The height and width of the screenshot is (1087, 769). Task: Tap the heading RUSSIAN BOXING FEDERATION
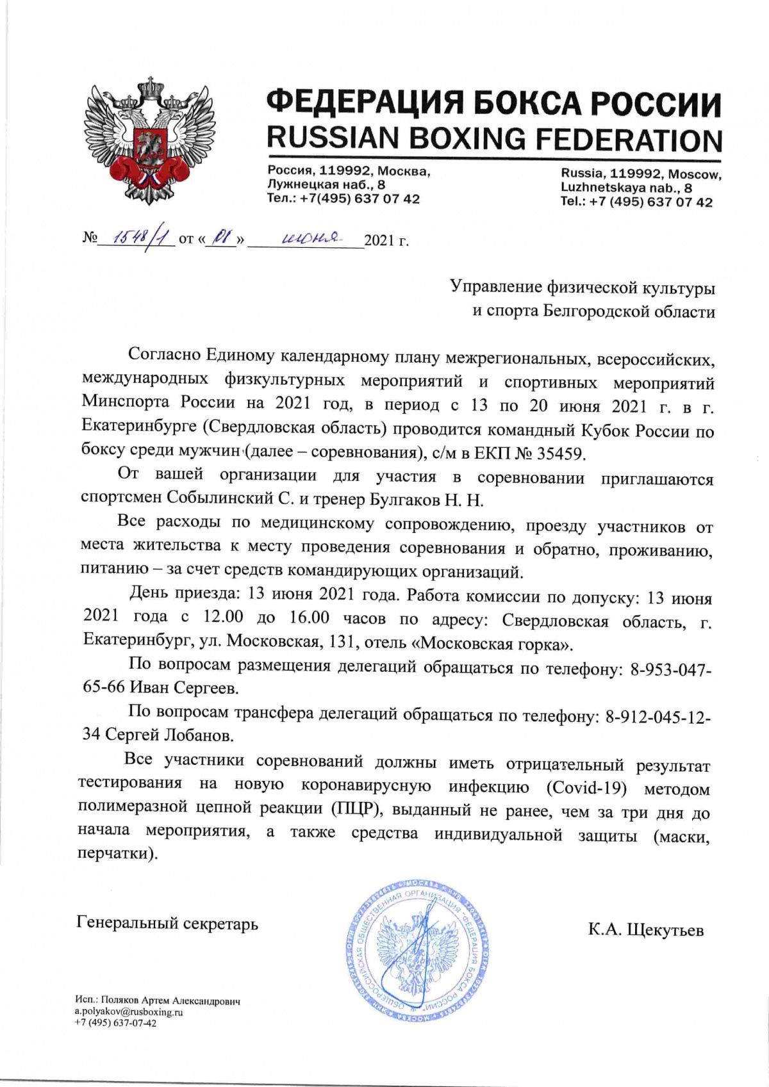pos(493,139)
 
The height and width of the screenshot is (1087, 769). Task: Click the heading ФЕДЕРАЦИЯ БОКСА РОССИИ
pos(493,102)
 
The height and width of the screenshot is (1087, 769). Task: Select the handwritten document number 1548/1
pos(136,239)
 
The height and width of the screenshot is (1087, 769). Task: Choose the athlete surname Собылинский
pos(211,498)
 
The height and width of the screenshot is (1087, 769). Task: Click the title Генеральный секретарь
pos(167,924)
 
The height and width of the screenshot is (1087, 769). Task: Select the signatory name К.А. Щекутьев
pos(645,929)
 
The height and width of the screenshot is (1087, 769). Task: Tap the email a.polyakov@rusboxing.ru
pos(129,1012)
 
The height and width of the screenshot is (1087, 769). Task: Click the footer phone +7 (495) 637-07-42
pos(115,1023)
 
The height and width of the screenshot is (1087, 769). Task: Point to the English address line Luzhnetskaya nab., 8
pos(626,188)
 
